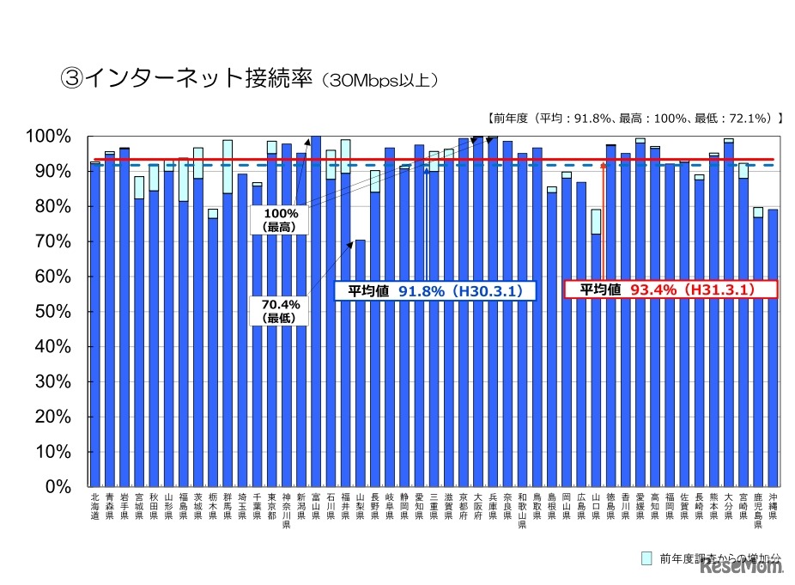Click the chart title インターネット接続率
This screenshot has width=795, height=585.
(x=249, y=80)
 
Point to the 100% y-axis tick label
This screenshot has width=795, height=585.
(x=54, y=137)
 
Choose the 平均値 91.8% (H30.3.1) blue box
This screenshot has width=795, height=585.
(x=434, y=291)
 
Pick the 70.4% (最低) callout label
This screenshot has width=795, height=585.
(x=280, y=309)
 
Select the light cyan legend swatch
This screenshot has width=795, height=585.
(x=647, y=558)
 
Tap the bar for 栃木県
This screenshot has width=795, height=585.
(x=213, y=351)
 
